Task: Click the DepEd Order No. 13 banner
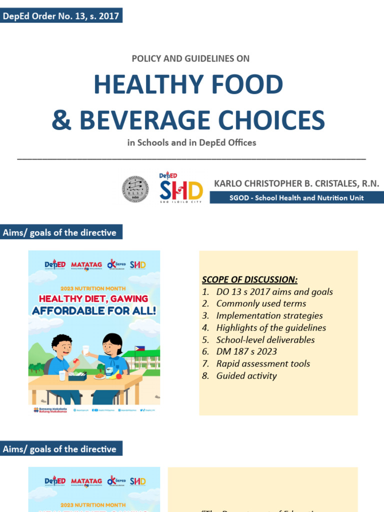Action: tap(61, 16)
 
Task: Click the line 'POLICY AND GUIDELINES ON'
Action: tap(190, 58)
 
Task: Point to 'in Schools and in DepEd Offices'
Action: tap(191, 142)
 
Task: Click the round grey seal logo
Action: tap(135, 189)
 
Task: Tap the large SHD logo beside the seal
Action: tap(181, 189)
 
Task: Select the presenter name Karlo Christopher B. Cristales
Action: tap(296, 183)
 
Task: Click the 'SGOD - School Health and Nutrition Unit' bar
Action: tap(296, 197)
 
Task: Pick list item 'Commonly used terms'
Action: tap(261, 303)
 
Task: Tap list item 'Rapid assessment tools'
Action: tap(263, 363)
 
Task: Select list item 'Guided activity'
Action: tap(246, 375)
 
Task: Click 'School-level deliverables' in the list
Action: tap(265, 339)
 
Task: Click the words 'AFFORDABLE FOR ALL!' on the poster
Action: tap(94, 310)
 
